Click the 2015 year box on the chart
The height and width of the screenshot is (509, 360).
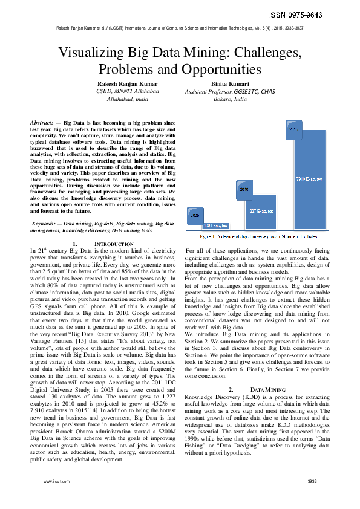[293, 129]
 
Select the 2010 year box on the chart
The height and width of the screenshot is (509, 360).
[244, 189]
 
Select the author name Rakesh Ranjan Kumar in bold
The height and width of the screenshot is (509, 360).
[128, 83]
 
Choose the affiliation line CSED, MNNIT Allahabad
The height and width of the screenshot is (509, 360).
[128, 91]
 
